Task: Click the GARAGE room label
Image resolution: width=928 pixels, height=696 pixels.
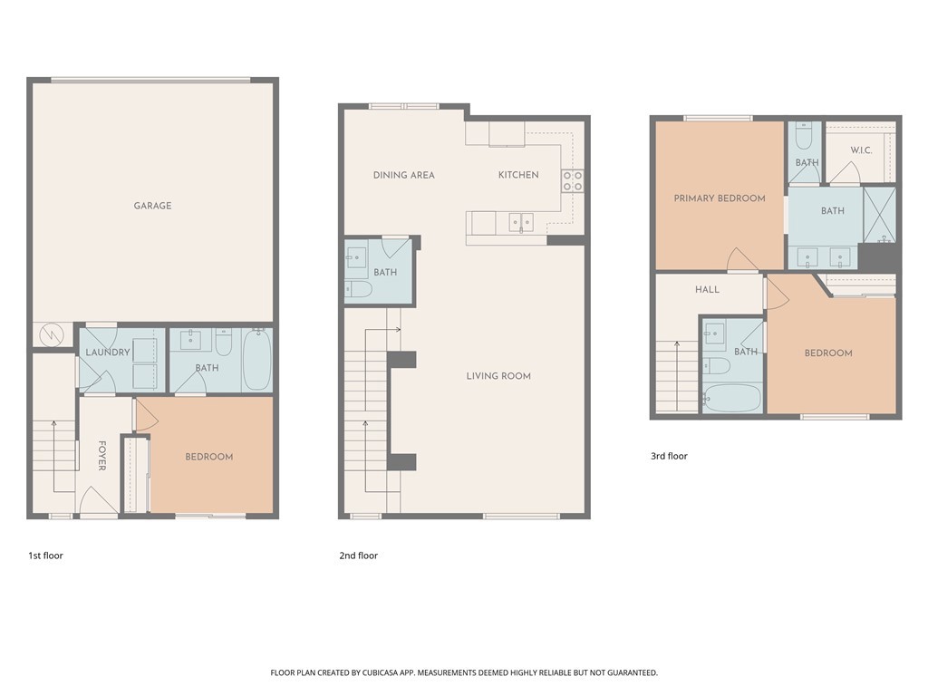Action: pyautogui.click(x=152, y=206)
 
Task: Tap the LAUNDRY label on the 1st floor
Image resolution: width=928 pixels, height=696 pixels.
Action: pyautogui.click(x=108, y=353)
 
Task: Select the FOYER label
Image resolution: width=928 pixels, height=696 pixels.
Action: pyautogui.click(x=101, y=456)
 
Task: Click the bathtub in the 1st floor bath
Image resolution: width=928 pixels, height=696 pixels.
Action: pyautogui.click(x=257, y=359)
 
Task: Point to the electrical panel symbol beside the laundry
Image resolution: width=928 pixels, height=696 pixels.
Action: pyautogui.click(x=52, y=335)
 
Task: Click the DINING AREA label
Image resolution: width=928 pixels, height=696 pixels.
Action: pyautogui.click(x=403, y=175)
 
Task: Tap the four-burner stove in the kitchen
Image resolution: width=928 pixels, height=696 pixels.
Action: pyautogui.click(x=573, y=180)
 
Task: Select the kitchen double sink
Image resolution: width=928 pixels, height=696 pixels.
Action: pyautogui.click(x=521, y=223)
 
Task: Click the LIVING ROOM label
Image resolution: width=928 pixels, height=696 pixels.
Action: pyautogui.click(x=498, y=376)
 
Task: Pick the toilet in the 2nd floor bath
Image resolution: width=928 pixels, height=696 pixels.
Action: pyautogui.click(x=359, y=290)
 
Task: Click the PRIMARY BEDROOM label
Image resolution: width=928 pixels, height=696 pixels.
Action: pyautogui.click(x=720, y=198)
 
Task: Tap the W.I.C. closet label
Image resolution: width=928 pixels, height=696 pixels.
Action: pyautogui.click(x=861, y=150)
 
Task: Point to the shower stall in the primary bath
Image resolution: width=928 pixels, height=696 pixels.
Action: pyautogui.click(x=879, y=215)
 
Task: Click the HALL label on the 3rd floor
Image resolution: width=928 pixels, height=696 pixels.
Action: pyautogui.click(x=707, y=289)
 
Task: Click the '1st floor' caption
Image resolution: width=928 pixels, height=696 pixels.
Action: pyautogui.click(x=45, y=556)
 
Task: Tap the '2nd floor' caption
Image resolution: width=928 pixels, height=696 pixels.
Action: pyautogui.click(x=358, y=556)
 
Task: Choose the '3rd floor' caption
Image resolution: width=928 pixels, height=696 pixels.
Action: pyautogui.click(x=669, y=456)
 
